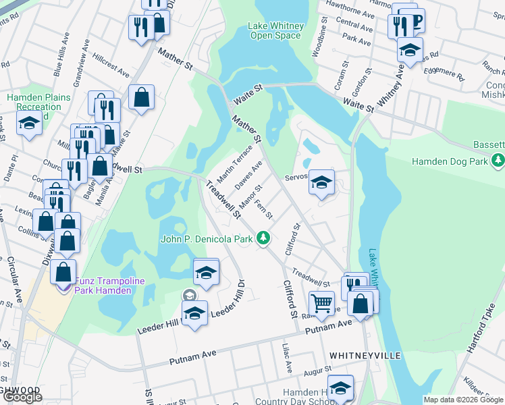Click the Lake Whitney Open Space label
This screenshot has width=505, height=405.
pos(275,30)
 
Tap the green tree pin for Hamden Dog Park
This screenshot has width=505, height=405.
pos(498,161)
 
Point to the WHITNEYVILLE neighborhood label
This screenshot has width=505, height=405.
pos(365,355)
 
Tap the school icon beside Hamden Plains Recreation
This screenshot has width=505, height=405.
pos(29,124)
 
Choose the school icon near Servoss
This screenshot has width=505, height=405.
pos(322,182)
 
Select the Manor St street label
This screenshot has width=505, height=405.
pos(250,198)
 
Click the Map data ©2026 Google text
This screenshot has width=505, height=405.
pos(463,400)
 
